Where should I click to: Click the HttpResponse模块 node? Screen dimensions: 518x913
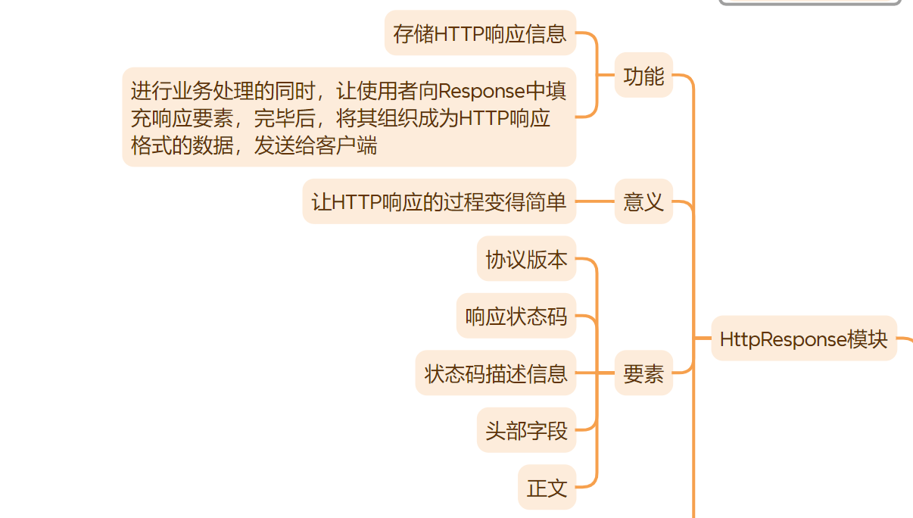tap(803, 339)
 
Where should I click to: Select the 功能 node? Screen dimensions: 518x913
tap(643, 76)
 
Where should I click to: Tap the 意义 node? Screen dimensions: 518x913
tap(643, 202)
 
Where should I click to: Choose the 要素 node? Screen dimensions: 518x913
tap(643, 373)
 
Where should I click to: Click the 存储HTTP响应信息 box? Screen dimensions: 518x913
tap(480, 33)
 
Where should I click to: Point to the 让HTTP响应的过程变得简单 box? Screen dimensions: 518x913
tap(439, 202)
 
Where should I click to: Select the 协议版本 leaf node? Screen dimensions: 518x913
tap(526, 260)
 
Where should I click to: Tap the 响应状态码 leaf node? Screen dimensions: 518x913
tap(516, 317)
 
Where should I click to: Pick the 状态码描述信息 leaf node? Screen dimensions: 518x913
tap(496, 373)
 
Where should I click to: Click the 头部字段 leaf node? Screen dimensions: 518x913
tap(526, 430)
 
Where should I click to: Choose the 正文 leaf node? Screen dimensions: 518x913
tap(547, 488)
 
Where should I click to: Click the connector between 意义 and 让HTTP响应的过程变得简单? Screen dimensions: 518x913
tap(595, 202)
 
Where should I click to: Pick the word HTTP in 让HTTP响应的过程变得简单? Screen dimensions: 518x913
tap(357, 202)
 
